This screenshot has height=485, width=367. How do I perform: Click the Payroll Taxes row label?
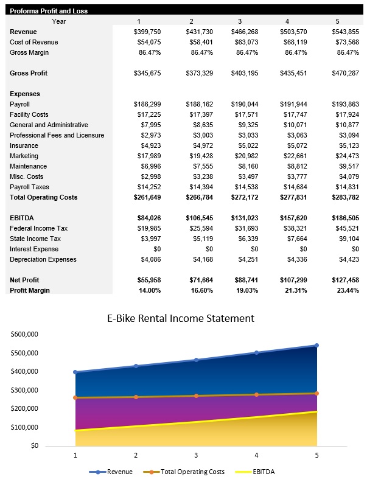click(29, 187)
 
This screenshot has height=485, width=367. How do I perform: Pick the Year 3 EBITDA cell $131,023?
click(244, 218)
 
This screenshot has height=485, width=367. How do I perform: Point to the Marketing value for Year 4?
click(294, 156)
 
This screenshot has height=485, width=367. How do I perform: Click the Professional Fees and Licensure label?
click(57, 135)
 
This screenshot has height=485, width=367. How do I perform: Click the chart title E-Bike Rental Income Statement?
click(181, 318)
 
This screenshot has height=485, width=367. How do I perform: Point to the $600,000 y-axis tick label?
click(25, 334)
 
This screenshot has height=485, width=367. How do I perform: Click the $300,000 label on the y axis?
click(25, 390)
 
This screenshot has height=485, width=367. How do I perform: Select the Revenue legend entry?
click(115, 472)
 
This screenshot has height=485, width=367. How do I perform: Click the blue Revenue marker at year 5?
click(316, 346)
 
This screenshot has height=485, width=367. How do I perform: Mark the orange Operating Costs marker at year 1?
click(75, 397)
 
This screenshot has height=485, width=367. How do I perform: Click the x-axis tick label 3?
click(196, 455)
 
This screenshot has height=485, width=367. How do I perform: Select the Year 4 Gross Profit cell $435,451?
click(293, 73)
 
